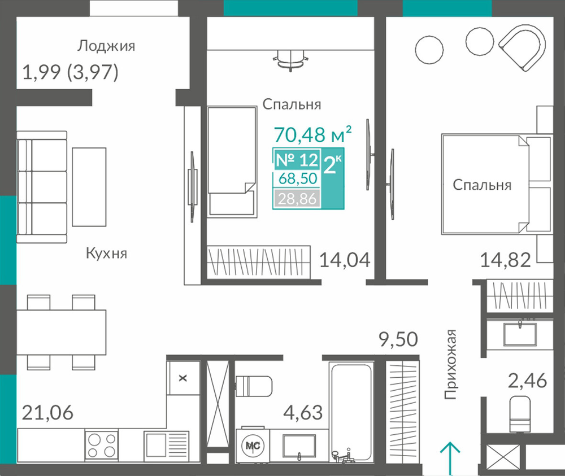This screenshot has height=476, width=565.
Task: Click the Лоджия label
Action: point(106,46)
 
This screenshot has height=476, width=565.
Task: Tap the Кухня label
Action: point(106,254)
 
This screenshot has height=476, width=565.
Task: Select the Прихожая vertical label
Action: point(450,364)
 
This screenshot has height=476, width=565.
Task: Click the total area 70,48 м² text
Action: point(313,134)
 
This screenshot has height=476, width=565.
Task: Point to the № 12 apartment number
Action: point(297,159)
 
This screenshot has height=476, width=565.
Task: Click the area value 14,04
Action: point(345,260)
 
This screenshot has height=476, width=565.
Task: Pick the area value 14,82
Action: point(506,260)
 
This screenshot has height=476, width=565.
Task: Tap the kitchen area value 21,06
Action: point(47,413)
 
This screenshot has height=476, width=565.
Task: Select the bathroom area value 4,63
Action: point(303,413)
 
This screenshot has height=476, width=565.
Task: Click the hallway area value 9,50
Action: point(398,339)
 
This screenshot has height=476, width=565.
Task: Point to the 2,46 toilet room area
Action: point(527,381)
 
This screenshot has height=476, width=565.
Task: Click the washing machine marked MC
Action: point(253,446)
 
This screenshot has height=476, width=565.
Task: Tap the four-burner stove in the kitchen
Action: point(101,446)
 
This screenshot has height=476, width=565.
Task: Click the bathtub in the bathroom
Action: point(351,412)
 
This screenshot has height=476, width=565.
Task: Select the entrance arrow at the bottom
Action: point(450,459)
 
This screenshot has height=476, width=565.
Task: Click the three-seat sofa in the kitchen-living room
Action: point(42,187)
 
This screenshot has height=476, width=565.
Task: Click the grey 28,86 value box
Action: point(297,198)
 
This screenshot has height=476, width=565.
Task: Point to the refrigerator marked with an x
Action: point(183,378)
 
